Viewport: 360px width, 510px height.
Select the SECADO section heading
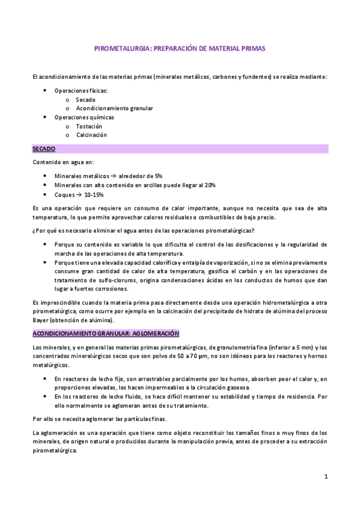coord(43,148)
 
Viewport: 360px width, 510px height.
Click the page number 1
coord(325,476)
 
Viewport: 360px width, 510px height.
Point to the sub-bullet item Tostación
coord(89,126)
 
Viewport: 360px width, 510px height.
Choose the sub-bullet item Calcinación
coord(91,135)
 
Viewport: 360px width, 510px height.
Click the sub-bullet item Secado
coord(85,99)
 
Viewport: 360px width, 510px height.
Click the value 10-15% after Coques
coord(93,195)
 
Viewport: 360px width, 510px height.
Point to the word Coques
coord(63,195)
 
